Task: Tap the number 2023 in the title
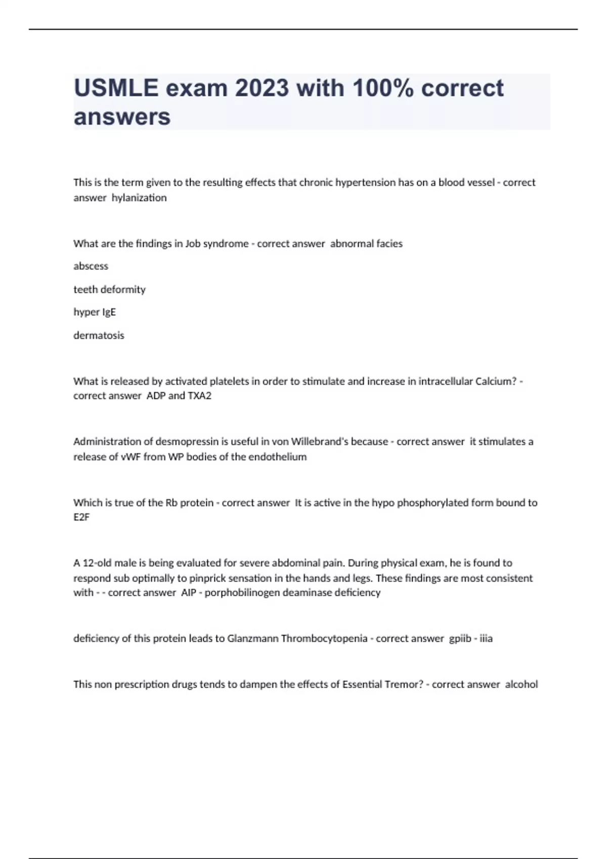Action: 262,88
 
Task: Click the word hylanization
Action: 139,198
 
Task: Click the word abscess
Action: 91,266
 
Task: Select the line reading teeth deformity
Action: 109,290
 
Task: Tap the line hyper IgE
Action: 95,312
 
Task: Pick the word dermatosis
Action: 99,335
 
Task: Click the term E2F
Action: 81,517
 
